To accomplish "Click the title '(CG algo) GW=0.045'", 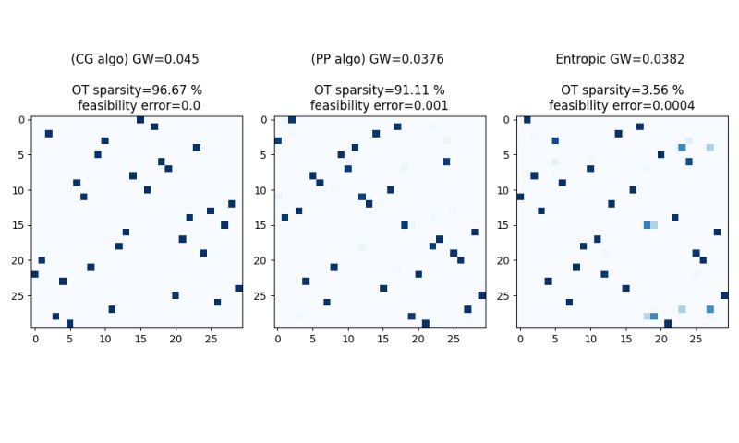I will (x=135, y=59).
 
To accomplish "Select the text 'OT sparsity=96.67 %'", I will (x=137, y=90).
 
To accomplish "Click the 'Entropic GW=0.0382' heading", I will (x=620, y=59).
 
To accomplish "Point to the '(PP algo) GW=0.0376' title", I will (x=378, y=59).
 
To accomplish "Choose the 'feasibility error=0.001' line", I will (x=379, y=106).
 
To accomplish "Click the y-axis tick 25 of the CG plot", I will (x=20, y=296).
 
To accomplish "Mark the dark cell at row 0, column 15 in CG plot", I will (x=140, y=120).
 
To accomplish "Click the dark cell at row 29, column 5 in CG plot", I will (x=69, y=324).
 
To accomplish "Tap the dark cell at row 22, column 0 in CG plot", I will (x=35, y=274).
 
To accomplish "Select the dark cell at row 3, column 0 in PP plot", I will (x=277, y=141).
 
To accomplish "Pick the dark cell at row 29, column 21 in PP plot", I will (x=425, y=324).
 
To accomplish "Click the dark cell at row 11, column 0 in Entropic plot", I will (x=520, y=197).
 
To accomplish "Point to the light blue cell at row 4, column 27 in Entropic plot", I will (x=709, y=148).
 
